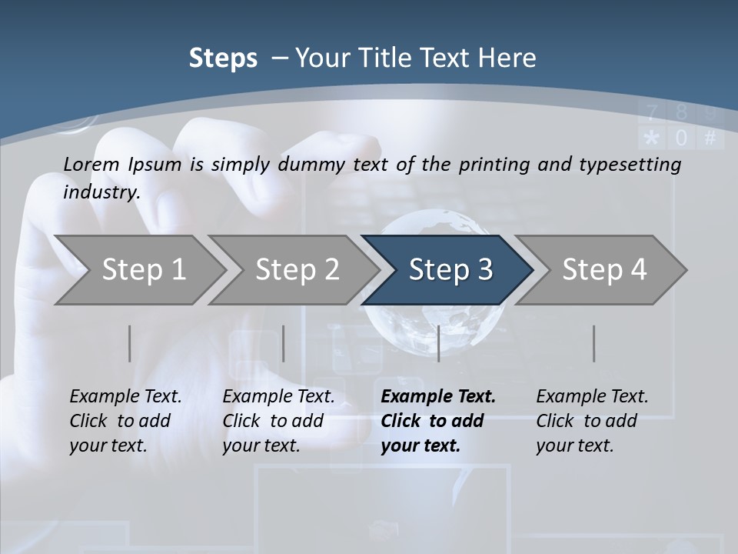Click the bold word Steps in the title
[x=223, y=58]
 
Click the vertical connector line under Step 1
[x=129, y=343]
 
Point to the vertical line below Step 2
[x=284, y=343]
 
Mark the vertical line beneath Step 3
[x=438, y=343]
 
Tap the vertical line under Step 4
[x=593, y=343]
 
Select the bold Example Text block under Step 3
[x=437, y=421]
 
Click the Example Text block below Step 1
[x=125, y=421]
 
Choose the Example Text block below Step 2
[x=278, y=421]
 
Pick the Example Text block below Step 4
[x=592, y=421]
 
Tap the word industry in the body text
[x=101, y=192]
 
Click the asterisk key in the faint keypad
[x=651, y=138]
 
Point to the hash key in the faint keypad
[x=710, y=138]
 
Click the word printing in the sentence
[x=491, y=165]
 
